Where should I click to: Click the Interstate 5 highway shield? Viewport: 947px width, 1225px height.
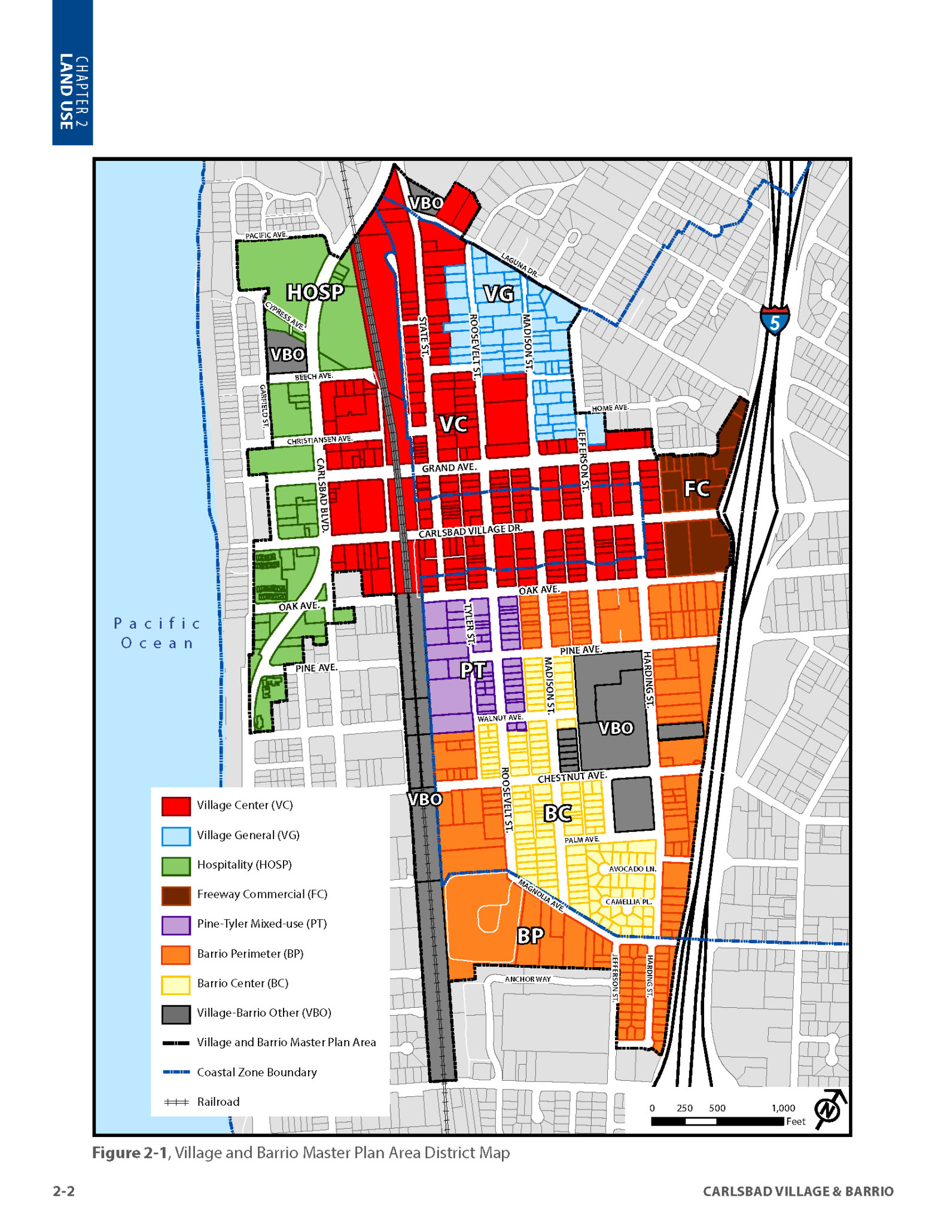click(x=775, y=320)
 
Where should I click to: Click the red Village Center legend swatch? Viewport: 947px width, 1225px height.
click(x=176, y=806)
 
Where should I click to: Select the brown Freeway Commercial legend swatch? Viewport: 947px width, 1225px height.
click(x=176, y=895)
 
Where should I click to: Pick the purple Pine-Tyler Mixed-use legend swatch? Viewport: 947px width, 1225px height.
click(x=176, y=925)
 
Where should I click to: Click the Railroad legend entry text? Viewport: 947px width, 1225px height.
click(x=218, y=1102)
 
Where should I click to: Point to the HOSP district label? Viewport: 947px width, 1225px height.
click(x=315, y=292)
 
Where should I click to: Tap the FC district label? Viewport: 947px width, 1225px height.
click(x=696, y=489)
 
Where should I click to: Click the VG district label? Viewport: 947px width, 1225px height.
click(x=498, y=294)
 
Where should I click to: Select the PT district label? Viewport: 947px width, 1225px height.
click(x=473, y=670)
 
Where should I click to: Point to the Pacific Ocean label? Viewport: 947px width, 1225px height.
click(x=157, y=633)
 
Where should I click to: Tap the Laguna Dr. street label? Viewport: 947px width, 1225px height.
click(x=519, y=265)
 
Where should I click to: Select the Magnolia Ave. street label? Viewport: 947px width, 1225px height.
click(x=540, y=895)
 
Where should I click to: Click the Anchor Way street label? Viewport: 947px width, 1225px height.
click(x=528, y=979)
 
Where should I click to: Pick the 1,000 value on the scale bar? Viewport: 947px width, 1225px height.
click(x=782, y=1108)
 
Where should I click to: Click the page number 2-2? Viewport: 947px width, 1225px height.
click(x=64, y=1191)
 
